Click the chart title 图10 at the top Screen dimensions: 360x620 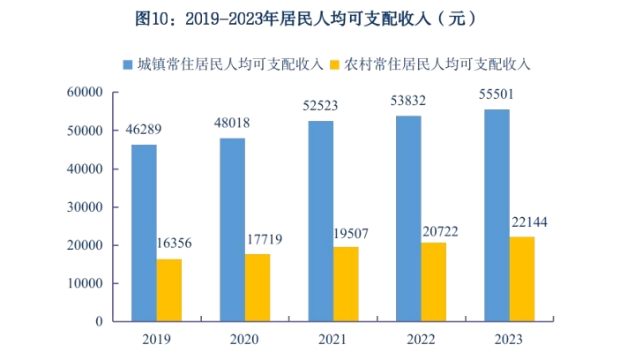tap(310, 18)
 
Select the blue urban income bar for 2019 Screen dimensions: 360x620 tap(144, 233)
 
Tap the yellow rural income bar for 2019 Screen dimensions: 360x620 tap(169, 290)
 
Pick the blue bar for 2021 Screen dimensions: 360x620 tap(320, 221)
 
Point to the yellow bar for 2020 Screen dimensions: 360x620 tap(258, 288)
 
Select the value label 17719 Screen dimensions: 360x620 tap(261, 241)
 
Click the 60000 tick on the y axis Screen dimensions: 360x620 tap(87, 93)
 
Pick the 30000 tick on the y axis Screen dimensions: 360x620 tap(87, 207)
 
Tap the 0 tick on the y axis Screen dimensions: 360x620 tap(101, 322)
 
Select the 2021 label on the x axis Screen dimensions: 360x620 tap(332, 339)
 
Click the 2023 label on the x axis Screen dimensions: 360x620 tap(509, 339)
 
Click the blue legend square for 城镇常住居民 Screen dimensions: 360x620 tap(128, 64)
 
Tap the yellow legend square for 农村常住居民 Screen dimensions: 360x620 tap(334, 64)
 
